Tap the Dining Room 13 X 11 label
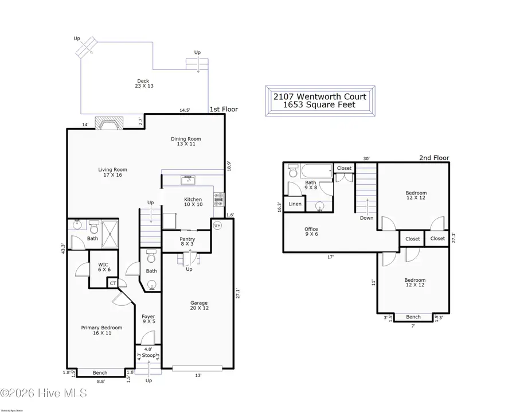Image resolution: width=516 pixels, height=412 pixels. (x=186, y=141)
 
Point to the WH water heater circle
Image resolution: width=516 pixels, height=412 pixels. (x=217, y=226)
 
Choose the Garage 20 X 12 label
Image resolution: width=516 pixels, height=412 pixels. (x=199, y=306)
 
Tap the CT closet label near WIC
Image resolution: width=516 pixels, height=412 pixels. (x=114, y=282)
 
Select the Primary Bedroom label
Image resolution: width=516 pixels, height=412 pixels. (x=101, y=331)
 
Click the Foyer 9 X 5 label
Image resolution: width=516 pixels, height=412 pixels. (x=148, y=319)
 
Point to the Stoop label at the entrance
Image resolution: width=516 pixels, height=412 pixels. (x=148, y=356)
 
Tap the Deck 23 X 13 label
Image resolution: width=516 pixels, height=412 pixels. (x=144, y=84)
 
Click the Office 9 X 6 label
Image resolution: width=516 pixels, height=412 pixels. (x=311, y=232)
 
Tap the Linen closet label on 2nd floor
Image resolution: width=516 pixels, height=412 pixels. (x=295, y=204)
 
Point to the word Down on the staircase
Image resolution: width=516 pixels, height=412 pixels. (x=367, y=218)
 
